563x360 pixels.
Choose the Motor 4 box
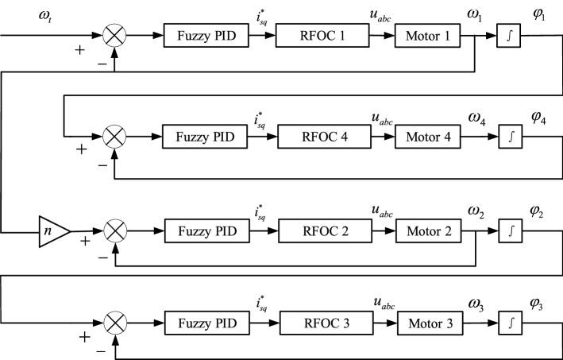click(x=429, y=136)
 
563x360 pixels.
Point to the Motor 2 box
click(x=430, y=230)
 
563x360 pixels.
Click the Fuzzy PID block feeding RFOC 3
click(x=203, y=325)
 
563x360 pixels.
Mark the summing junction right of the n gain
click(x=116, y=230)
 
